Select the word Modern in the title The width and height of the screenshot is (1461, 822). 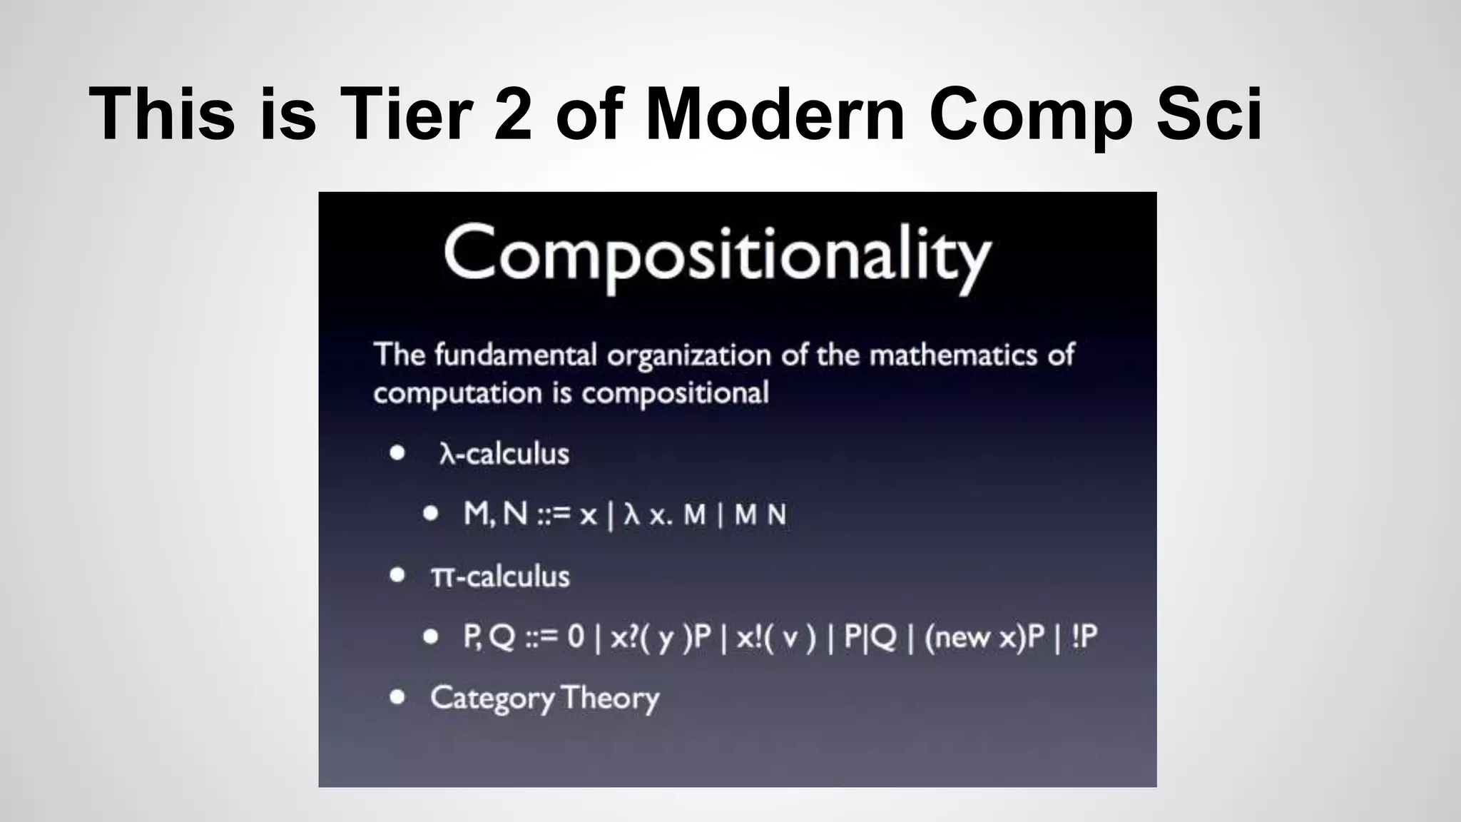point(775,114)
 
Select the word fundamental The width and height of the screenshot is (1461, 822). point(515,355)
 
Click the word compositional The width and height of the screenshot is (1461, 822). point(675,393)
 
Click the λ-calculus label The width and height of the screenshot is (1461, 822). point(504,454)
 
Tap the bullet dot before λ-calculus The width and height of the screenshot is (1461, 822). point(397,452)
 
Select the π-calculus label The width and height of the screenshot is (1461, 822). point(500,577)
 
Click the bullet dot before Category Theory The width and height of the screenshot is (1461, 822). point(397,697)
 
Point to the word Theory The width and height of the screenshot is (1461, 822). point(610,698)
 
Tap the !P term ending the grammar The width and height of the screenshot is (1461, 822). point(1084,636)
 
